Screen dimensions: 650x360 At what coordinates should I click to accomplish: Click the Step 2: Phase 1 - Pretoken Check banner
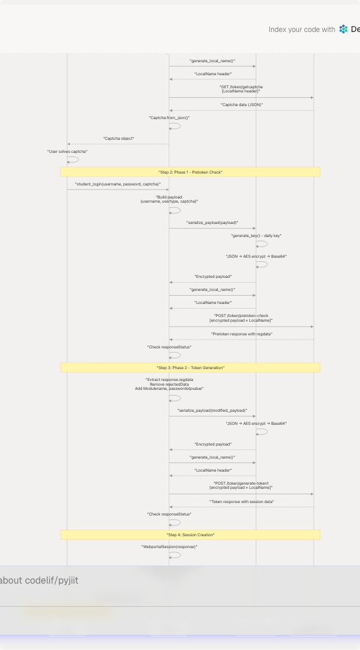[x=190, y=172]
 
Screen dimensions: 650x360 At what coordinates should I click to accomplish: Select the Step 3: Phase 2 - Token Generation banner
[x=190, y=367]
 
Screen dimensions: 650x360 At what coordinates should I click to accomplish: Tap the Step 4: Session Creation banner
[x=190, y=534]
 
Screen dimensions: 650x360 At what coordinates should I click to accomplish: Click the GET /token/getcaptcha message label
[x=241, y=89]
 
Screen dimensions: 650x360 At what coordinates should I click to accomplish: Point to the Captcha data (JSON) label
[x=242, y=105]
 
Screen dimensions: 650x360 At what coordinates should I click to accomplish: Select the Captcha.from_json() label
[x=169, y=118]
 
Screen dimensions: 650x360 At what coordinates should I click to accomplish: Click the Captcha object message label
[x=118, y=139]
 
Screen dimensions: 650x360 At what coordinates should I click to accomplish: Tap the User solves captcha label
[x=67, y=152]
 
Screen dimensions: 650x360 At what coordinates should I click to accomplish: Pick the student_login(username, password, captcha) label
[x=118, y=184]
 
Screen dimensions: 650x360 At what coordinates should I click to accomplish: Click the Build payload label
[x=169, y=199]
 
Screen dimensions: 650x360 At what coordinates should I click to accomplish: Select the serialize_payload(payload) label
[x=212, y=223]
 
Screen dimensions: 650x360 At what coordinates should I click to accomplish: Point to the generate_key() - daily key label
[x=256, y=236]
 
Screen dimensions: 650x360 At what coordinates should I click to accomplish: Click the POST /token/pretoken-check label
[x=241, y=318]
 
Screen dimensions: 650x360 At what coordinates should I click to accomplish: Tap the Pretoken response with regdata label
[x=242, y=334]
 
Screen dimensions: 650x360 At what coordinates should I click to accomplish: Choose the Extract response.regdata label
[x=169, y=384]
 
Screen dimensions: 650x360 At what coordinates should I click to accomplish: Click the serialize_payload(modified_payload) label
[x=212, y=411]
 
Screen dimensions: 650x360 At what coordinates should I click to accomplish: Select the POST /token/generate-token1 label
[x=241, y=485]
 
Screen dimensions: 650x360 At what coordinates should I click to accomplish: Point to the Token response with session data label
[x=242, y=502]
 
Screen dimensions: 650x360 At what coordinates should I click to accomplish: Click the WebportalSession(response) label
[x=169, y=547]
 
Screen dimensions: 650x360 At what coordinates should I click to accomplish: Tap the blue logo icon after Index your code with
[x=343, y=29]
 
